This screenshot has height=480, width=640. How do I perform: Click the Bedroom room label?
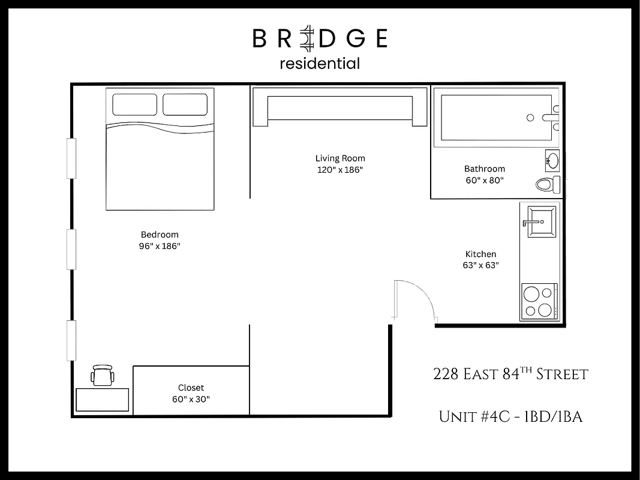[x=160, y=235]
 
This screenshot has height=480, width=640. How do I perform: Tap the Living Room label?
[x=340, y=158]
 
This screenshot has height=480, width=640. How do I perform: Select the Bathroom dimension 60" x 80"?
[x=485, y=180]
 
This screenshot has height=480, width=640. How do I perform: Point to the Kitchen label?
[x=481, y=254]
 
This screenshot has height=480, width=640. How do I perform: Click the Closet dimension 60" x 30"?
[x=191, y=399]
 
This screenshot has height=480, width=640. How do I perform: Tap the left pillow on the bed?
[x=134, y=104]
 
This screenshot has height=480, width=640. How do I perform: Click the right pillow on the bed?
[x=185, y=104]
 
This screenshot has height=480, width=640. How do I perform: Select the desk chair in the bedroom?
[x=102, y=376]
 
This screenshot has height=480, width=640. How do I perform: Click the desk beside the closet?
[x=103, y=400]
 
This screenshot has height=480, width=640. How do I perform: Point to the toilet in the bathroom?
[x=548, y=184]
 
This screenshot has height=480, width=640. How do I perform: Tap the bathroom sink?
[x=552, y=160]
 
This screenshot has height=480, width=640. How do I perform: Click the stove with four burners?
[x=539, y=302]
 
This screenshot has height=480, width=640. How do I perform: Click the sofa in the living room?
[x=339, y=107]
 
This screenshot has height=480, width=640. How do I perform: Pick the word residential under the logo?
[x=320, y=63]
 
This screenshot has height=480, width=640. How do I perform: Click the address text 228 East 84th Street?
[x=510, y=375]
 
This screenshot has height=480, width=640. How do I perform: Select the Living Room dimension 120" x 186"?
[x=340, y=170]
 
